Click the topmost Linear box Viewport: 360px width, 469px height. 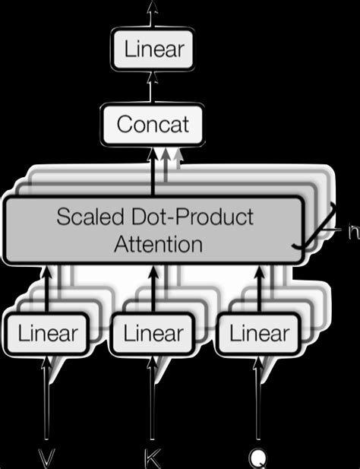[154, 50]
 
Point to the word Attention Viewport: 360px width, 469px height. [158, 244]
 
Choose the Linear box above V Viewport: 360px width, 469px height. [47, 333]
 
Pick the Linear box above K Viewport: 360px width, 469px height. [153, 333]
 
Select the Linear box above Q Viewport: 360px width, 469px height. [259, 333]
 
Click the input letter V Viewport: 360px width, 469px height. [47, 457]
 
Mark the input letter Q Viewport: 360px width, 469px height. [259, 457]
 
